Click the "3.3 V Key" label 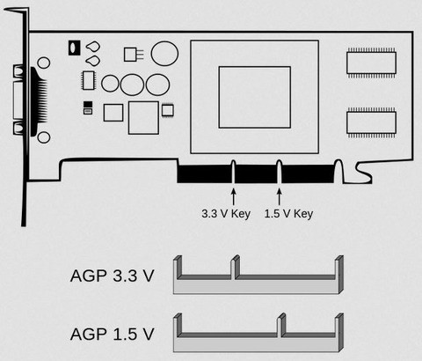(226, 214)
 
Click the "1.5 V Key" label (288, 214)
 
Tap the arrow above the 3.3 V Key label (233, 196)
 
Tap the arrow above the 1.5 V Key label (280, 196)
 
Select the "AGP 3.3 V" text (112, 276)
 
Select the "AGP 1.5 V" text (112, 334)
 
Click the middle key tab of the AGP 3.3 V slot (236, 267)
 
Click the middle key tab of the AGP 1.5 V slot (281, 325)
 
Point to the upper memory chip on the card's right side (371, 63)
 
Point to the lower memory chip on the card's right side (371, 122)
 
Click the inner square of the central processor (255, 98)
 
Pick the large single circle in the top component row (164, 54)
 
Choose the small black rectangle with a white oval (75, 48)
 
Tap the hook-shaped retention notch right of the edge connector (363, 173)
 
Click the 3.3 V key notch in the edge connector (234, 172)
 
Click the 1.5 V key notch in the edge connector (280, 172)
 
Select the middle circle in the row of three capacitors (132, 85)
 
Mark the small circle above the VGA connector (44, 63)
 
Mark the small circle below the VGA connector (44, 137)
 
